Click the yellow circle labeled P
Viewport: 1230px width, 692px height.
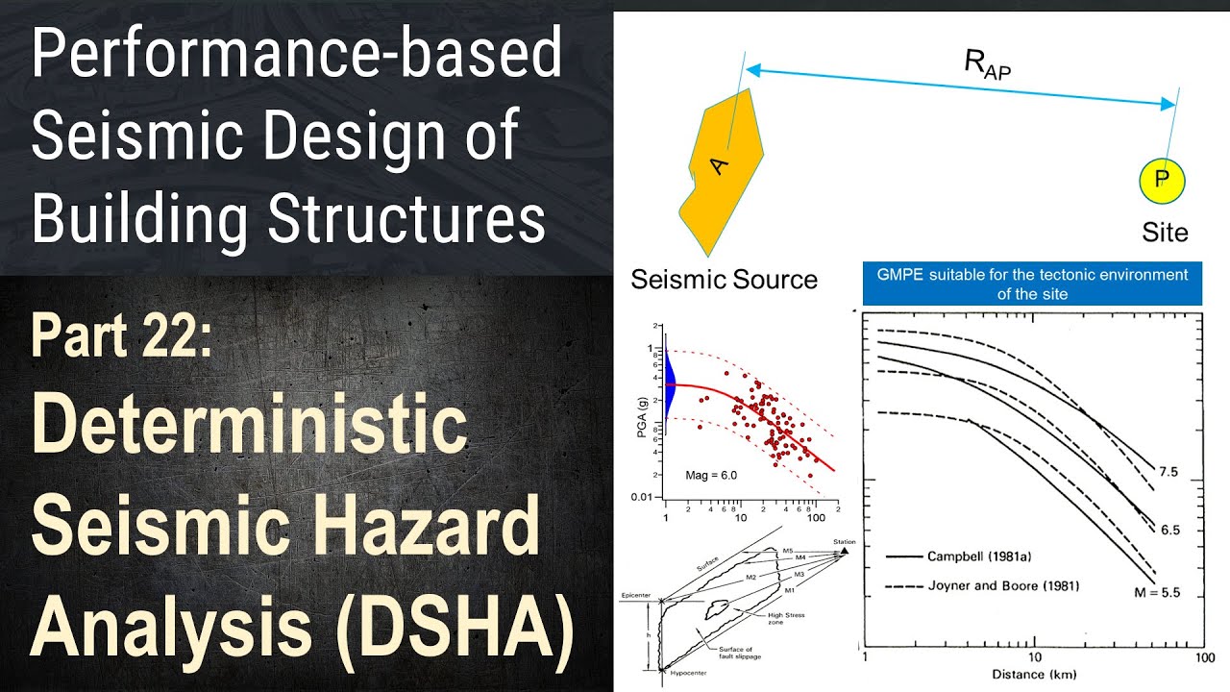pyautogui.click(x=1161, y=180)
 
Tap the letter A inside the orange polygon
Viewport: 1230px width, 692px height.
pyautogui.click(x=720, y=165)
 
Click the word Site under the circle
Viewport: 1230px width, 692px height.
pyautogui.click(x=1165, y=233)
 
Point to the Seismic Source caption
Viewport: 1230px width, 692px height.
pyautogui.click(x=724, y=280)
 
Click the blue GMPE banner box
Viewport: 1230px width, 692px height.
pyautogui.click(x=1031, y=284)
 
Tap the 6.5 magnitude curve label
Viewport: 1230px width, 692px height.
pyautogui.click(x=1168, y=530)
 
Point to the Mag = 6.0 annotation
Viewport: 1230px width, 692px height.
pyautogui.click(x=712, y=475)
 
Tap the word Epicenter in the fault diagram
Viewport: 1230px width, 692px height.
pyautogui.click(x=637, y=595)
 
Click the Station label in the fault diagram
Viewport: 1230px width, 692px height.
pyautogui.click(x=844, y=541)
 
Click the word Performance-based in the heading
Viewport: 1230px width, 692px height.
pyautogui.click(x=296, y=55)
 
